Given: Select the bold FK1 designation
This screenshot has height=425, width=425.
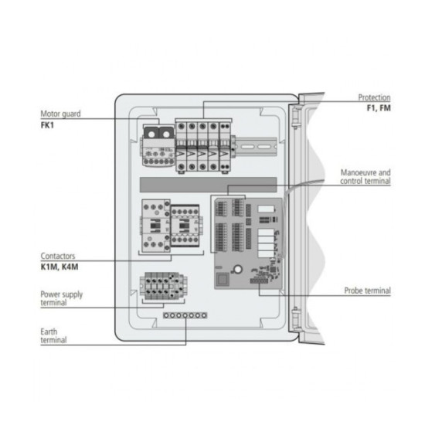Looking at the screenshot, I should pos(48,124).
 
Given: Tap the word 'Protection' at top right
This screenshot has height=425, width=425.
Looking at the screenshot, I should pos(373,98).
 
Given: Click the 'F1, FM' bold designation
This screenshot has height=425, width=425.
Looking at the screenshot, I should pos(378,109).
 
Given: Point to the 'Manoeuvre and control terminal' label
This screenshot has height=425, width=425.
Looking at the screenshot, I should pos(365,176).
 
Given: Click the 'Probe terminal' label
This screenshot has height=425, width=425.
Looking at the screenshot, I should pos(367,291).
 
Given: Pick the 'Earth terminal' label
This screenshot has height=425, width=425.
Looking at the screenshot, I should pos(53,335).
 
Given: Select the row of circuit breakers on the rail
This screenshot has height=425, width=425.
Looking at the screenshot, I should pos(202,144).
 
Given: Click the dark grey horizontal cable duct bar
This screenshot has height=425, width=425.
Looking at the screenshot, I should pos(208,184).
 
